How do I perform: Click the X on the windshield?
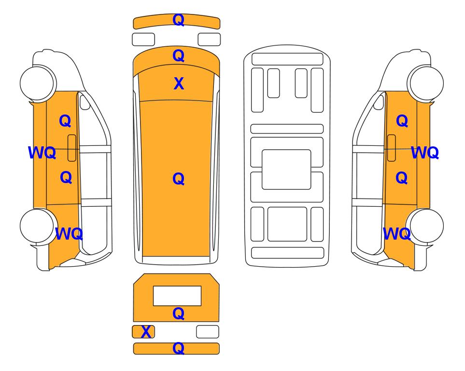point(179,84)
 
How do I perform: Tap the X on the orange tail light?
point(146,332)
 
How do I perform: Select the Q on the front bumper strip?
point(178,20)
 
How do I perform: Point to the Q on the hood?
point(178,56)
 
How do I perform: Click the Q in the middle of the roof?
point(178,179)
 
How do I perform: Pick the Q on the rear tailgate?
point(178,314)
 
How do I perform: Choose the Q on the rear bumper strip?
point(178,348)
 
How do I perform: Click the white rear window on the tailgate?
point(177,296)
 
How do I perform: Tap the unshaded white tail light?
point(208,331)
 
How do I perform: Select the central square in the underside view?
point(286,170)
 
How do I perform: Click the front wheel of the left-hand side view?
point(38,83)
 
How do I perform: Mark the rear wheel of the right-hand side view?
point(425,226)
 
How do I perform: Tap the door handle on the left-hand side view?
point(72,148)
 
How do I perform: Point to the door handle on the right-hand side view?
point(392,148)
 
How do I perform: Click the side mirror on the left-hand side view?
point(85,102)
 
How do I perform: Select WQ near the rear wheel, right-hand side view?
point(397,234)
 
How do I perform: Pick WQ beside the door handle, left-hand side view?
point(42,153)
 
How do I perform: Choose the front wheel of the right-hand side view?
point(426,83)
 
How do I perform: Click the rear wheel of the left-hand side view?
point(38,226)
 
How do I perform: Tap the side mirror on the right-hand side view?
point(379,102)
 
